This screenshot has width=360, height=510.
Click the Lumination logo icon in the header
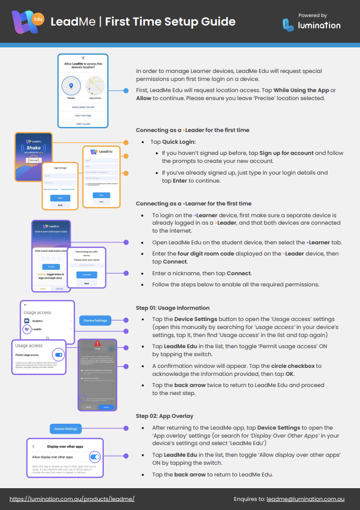pos(288,24)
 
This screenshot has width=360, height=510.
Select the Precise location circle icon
pos(71,85)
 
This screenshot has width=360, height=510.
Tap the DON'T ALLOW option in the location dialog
pos(83,123)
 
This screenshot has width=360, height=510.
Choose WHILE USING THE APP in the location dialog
pos(83,107)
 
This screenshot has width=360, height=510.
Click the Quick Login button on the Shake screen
pos(34,159)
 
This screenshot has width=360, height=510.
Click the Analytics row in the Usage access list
pos(47,321)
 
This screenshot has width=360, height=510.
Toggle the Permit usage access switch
pos(59,355)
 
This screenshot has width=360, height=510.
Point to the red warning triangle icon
pos(97,343)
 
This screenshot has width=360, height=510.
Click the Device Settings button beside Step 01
pos(96,320)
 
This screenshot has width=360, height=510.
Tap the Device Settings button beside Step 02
pos(67,429)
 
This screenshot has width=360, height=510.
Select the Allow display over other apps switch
pos(95,457)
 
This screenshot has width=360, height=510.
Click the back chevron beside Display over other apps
pos(34,446)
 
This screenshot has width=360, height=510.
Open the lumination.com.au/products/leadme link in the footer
pos(72,499)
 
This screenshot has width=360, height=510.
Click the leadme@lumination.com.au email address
pos(305,499)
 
